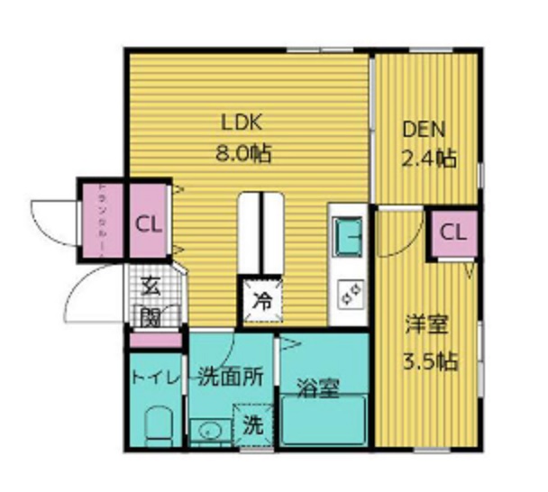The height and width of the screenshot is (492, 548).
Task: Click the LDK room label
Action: coord(242,123)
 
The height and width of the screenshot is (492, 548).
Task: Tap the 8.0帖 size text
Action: coord(242,152)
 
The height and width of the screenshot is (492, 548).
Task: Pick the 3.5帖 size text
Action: coord(428,362)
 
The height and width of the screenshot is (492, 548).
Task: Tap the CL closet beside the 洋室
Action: coord(453,232)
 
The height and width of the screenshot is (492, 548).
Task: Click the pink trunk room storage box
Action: coord(99,223)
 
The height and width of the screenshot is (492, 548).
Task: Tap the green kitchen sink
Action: coord(348,237)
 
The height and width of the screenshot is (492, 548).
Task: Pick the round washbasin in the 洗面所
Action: coord(211,429)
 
